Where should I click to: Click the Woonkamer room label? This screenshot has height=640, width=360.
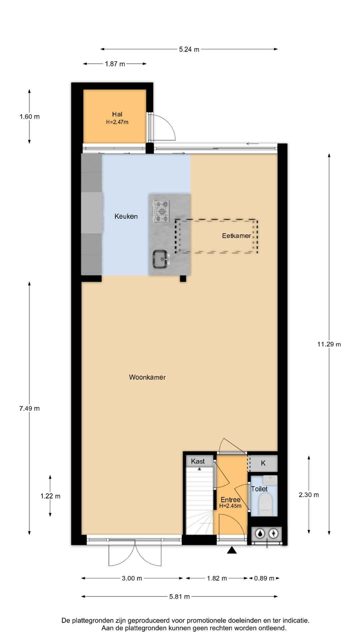coord(147,377)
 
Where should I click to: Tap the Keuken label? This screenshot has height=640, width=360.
coord(126,216)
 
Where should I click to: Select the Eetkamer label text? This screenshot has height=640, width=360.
coord(236,236)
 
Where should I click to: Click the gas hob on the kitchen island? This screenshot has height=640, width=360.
coord(162,211)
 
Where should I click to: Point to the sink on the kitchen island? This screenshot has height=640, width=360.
coord(161,259)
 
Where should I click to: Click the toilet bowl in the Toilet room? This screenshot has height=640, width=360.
coord(266,503)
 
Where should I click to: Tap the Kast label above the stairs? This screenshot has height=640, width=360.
coord(198,461)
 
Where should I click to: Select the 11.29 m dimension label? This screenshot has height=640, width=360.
coord(329,344)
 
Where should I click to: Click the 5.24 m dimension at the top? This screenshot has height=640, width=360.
coord(189,49)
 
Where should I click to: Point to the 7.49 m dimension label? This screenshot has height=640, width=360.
coord(29,408)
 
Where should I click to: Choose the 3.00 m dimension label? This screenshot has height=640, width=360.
coord(132,578)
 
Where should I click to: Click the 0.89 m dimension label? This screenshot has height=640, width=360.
coord(264,578)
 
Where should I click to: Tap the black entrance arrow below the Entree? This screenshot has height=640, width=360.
coord(232,550)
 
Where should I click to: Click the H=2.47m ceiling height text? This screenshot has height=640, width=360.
coord(117,122)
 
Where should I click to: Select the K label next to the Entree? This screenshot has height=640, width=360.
coord(263,463)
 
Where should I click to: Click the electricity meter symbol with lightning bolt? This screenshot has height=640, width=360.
coord(274,534)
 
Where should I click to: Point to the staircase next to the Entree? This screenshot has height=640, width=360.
coord(199,500)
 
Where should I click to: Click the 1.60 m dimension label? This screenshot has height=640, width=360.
coord(29,117)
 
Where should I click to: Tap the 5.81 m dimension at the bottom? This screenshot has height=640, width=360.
coord(179,597)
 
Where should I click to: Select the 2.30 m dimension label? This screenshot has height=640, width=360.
coord(309,495)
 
